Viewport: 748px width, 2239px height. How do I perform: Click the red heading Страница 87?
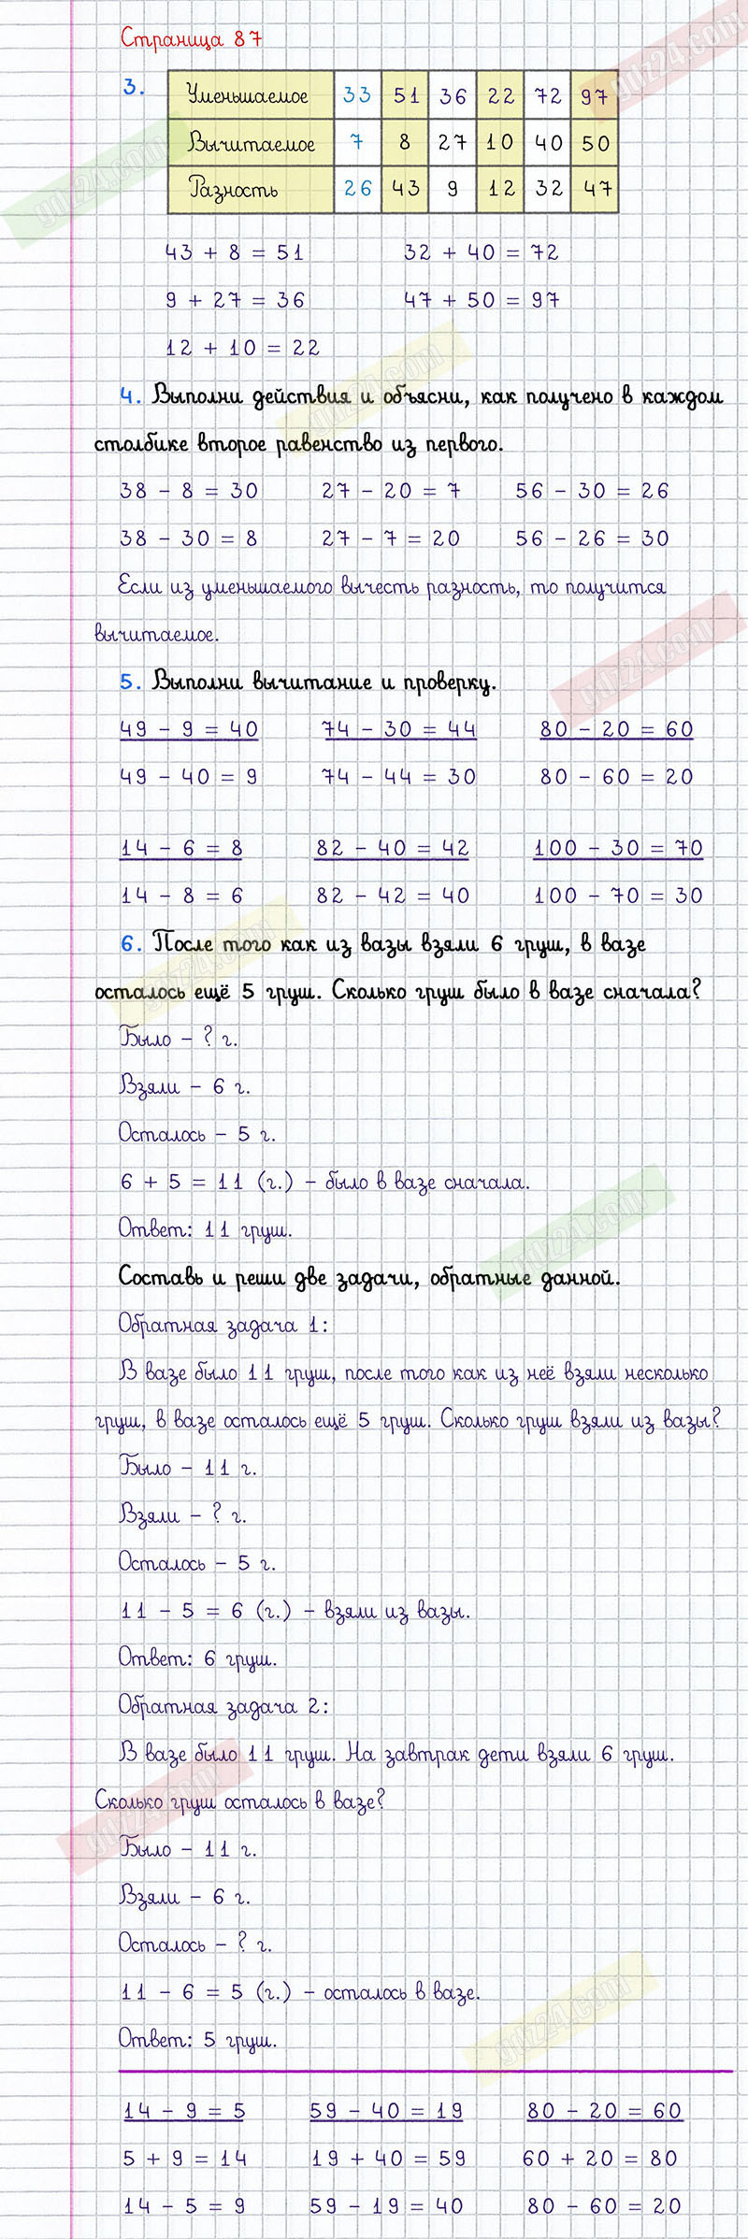[x=191, y=39]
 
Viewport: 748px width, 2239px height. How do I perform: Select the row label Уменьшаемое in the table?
[x=247, y=95]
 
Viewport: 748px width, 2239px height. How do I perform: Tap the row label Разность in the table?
[x=234, y=189]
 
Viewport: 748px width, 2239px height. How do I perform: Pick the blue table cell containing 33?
[x=357, y=95]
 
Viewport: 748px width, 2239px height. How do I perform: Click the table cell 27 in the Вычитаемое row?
[x=453, y=143]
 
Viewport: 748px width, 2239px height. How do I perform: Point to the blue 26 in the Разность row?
[x=357, y=189]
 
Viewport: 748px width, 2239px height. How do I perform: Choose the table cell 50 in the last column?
[x=596, y=143]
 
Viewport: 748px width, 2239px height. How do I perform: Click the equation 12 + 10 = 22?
[x=243, y=348]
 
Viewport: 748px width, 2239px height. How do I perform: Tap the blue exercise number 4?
[x=130, y=396]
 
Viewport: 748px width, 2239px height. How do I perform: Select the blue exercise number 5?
[x=130, y=682]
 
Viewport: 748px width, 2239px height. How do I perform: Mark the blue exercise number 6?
[x=130, y=944]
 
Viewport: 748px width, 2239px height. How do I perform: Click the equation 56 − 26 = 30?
[x=592, y=538]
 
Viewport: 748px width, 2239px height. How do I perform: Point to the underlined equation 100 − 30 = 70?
[x=618, y=848]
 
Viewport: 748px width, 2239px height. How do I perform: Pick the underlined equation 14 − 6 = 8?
[x=181, y=848]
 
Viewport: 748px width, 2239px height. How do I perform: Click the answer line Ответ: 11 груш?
[x=205, y=1229]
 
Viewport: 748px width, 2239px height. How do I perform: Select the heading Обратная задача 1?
[x=223, y=1325]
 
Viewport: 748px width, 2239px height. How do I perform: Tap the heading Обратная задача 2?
[x=223, y=1706]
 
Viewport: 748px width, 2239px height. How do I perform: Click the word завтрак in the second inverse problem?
[x=426, y=1754]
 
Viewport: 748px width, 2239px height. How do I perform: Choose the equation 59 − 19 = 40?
[x=386, y=2205]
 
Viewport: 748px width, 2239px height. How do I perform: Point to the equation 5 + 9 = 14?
[x=185, y=2158]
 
